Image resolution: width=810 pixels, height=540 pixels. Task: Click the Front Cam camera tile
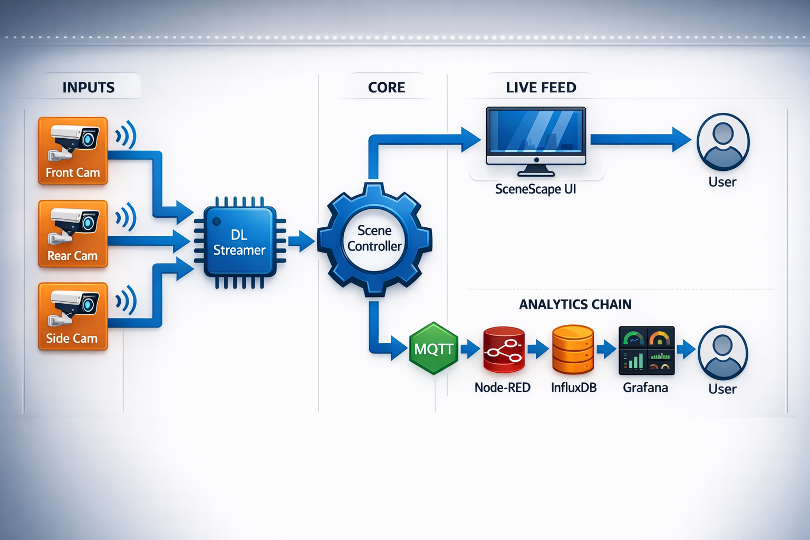(x=73, y=150)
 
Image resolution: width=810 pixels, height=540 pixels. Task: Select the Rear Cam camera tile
(x=73, y=234)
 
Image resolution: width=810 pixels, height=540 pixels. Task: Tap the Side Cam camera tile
(x=73, y=316)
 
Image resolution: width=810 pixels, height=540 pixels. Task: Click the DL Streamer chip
(x=240, y=242)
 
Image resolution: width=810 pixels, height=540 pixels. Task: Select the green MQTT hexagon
(x=433, y=349)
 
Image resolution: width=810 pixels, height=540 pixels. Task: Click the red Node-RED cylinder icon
(x=504, y=350)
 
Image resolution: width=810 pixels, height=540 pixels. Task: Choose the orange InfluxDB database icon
(x=573, y=350)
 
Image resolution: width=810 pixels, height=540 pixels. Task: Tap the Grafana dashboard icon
(x=646, y=350)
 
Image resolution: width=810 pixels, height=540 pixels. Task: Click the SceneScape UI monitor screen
(x=536, y=131)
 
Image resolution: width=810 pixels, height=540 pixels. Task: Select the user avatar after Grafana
(x=722, y=353)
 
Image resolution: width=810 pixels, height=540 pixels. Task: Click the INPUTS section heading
(x=89, y=88)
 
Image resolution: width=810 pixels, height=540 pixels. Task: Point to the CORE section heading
(x=387, y=88)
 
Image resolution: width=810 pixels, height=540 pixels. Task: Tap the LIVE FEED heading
(x=541, y=88)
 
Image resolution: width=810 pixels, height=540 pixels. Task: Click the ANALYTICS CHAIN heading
(x=575, y=304)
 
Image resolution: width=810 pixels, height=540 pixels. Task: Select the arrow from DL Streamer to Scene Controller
(x=301, y=242)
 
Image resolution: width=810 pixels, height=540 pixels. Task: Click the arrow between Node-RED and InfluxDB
(x=538, y=349)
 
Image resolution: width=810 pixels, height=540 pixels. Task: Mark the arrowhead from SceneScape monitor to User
(x=681, y=139)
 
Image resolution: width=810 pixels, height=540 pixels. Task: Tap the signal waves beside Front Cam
(x=126, y=135)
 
